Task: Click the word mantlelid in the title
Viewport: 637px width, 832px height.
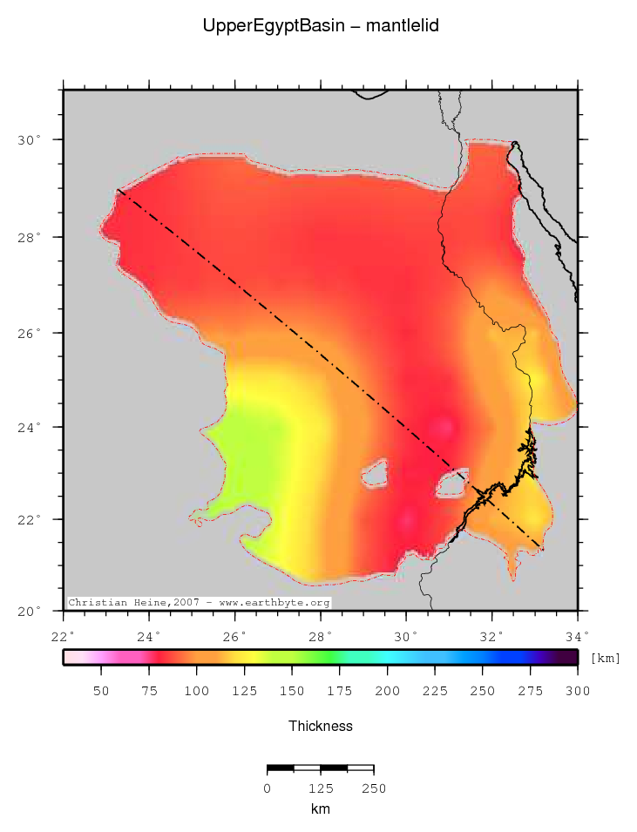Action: pos(402,26)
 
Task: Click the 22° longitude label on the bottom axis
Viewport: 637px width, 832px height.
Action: pos(64,634)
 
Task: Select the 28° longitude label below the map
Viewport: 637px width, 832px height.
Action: pos(321,634)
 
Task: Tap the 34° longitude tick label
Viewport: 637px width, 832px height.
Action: pos(577,634)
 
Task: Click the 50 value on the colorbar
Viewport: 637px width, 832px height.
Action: pos(101,691)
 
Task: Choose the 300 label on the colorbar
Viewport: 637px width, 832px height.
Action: pos(577,691)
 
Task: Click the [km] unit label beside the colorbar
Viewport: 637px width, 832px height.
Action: pos(606,659)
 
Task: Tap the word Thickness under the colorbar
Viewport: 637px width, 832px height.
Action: pos(321,726)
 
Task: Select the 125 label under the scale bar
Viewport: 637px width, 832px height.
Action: pos(321,788)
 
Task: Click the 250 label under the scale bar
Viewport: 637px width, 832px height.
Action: pos(373,788)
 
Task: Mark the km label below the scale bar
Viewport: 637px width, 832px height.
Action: pos(320,808)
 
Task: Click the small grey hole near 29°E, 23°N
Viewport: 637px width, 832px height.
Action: pos(375,475)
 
